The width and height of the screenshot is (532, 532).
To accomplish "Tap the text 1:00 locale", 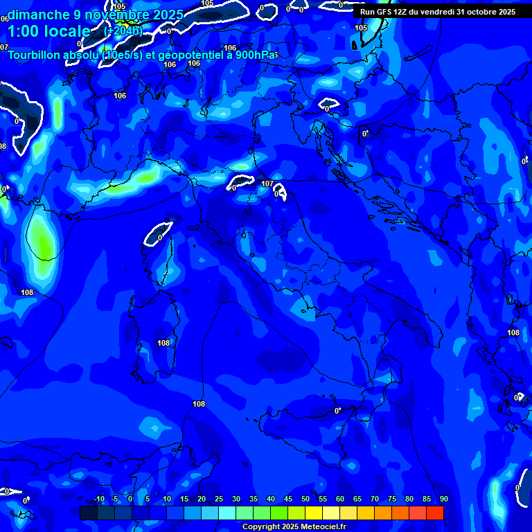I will [48, 31].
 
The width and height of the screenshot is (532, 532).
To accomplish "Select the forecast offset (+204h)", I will [123, 31].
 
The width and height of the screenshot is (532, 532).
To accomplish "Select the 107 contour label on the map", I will [267, 184].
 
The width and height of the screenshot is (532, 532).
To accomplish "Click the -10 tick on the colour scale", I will [98, 499].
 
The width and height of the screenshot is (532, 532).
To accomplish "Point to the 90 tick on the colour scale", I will [443, 499].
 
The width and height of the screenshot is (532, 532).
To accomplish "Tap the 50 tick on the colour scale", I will [305, 499].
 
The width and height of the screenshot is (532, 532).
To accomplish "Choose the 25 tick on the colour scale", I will [219, 499].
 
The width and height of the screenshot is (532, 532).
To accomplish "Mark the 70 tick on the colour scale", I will [375, 499].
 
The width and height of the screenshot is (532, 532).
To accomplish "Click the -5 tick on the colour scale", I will [115, 499].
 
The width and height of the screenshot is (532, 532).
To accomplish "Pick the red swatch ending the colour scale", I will [435, 513].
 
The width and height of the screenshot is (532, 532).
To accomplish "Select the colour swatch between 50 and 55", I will [314, 513].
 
